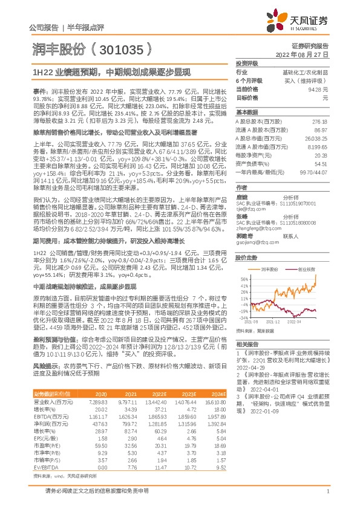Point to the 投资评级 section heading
(x=247, y=63)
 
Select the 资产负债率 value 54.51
(x=322, y=163)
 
